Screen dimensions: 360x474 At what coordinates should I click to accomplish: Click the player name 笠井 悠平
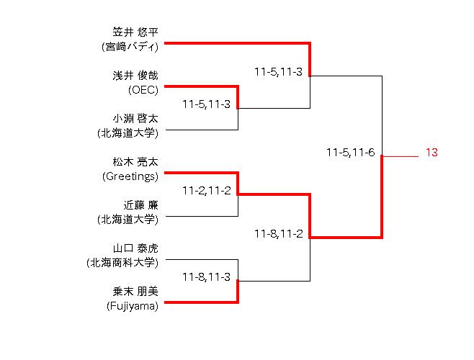coord(135,32)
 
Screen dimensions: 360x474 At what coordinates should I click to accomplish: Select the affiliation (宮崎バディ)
coord(130,47)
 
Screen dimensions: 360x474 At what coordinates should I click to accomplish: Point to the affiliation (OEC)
coord(143,90)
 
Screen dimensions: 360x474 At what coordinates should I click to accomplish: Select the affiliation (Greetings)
coord(130,176)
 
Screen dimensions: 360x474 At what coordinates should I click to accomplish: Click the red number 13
coord(431,153)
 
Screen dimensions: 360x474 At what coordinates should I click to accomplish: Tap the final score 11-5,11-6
coord(350,153)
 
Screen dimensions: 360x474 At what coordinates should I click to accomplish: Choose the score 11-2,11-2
coord(206,191)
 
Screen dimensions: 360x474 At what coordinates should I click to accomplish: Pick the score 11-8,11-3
coord(206,276)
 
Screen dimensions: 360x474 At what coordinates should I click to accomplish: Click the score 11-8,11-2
coord(278,233)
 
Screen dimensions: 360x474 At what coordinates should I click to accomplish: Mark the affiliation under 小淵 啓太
coord(128,133)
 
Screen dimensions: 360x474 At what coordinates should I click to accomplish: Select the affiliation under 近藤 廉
coord(128,220)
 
